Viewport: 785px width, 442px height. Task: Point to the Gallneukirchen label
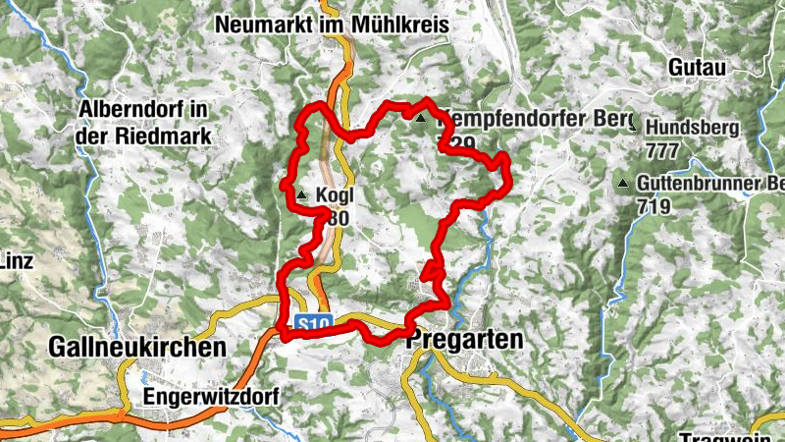point(136,347)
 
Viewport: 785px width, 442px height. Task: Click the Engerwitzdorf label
point(210,397)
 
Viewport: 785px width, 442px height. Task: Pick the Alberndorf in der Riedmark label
point(144,124)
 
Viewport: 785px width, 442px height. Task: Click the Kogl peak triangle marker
point(301,195)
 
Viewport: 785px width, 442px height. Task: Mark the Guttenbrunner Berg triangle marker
point(622,183)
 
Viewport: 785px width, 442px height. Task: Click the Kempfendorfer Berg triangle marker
point(421,119)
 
